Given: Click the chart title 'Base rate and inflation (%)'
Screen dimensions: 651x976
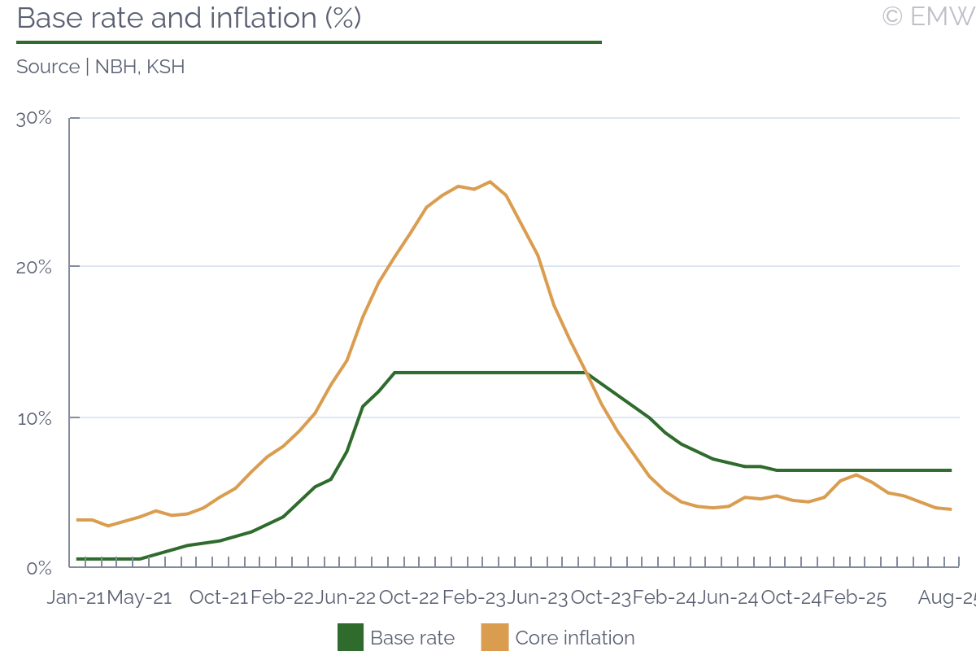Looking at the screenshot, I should pos(189,18).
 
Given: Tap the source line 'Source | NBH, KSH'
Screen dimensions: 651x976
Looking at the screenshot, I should pos(101,67).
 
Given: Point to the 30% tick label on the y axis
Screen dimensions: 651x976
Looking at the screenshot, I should pos(34,118).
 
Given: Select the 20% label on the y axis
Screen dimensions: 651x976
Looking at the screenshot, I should pos(34,267).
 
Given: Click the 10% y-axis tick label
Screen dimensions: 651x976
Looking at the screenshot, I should pos(34,417).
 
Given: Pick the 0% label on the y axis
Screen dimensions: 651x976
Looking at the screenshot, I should pos(38,567).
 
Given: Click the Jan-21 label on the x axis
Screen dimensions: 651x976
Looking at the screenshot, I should pos(75,597).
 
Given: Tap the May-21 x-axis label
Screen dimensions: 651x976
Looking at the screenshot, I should pos(140,597).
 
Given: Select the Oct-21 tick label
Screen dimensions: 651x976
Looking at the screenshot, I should pos(219,597).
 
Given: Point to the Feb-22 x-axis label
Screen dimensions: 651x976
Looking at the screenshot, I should pos(282,597).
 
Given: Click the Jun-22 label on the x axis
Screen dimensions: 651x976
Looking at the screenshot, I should pos(346,597).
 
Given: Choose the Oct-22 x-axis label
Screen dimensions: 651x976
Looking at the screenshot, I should pos(409,597).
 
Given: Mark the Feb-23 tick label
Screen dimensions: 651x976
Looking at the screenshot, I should pos(473,597).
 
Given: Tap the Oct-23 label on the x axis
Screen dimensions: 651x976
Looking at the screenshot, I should pos(601,597).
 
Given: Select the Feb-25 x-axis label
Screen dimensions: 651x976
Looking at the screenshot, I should pos(854,597).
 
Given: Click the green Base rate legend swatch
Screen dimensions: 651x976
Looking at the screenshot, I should pos(351,637).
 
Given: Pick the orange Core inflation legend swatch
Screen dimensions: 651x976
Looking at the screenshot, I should pos(495,637).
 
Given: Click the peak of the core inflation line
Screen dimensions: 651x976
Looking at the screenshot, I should pos(490,181).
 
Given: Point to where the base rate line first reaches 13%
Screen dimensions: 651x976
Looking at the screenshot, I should pos(394,373).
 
